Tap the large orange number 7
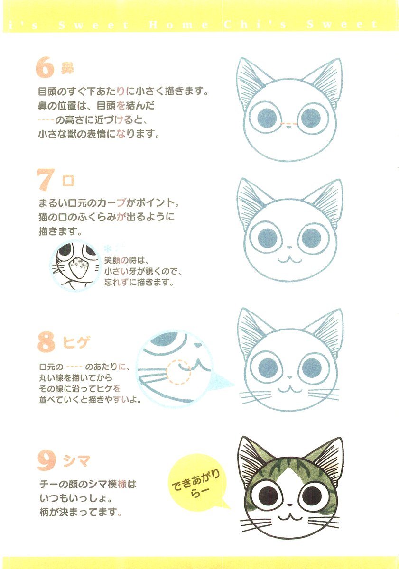(46, 180)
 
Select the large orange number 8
(46, 342)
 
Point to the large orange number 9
(46, 461)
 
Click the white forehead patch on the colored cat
(289, 478)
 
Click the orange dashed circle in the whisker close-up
(178, 372)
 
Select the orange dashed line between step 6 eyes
(288, 124)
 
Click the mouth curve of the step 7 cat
(290, 260)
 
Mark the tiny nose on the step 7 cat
(289, 247)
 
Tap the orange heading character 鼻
(67, 68)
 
